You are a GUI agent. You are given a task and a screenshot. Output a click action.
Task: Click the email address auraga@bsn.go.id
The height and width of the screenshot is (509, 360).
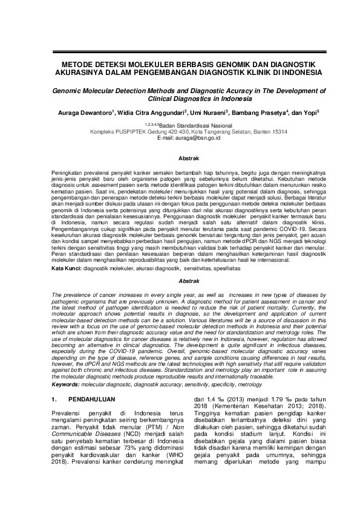tap(198, 137)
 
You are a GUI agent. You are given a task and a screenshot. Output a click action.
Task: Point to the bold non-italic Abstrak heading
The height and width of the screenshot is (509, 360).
tap(180, 159)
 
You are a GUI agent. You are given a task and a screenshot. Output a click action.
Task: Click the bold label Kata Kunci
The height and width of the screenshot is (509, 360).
tap(66, 268)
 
